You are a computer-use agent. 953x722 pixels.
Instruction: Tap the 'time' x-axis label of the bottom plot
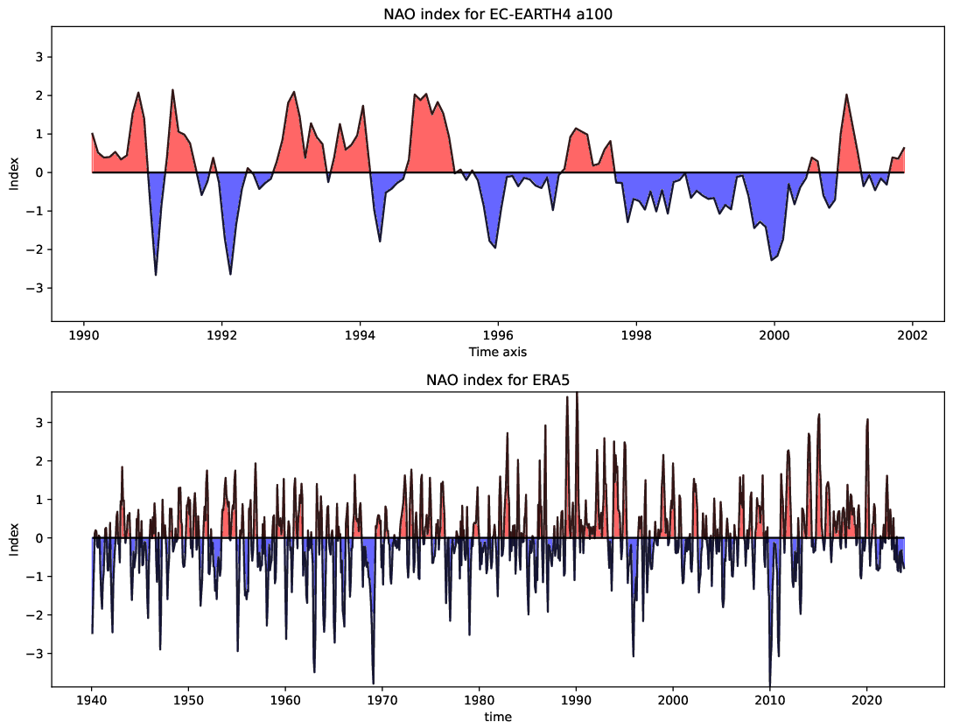(499, 716)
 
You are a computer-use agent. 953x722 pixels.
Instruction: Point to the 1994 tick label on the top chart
(361, 335)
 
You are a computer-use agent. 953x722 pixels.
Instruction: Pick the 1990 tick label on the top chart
(84, 335)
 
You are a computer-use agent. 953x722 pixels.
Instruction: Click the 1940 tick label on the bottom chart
(92, 700)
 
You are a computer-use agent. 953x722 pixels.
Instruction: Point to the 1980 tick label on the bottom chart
(480, 700)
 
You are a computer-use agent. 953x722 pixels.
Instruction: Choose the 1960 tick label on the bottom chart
(285, 700)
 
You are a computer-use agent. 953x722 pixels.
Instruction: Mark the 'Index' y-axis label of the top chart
(13, 173)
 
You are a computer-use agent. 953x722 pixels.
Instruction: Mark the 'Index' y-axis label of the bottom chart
(13, 538)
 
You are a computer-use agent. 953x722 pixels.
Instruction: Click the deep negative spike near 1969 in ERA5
(373, 681)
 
